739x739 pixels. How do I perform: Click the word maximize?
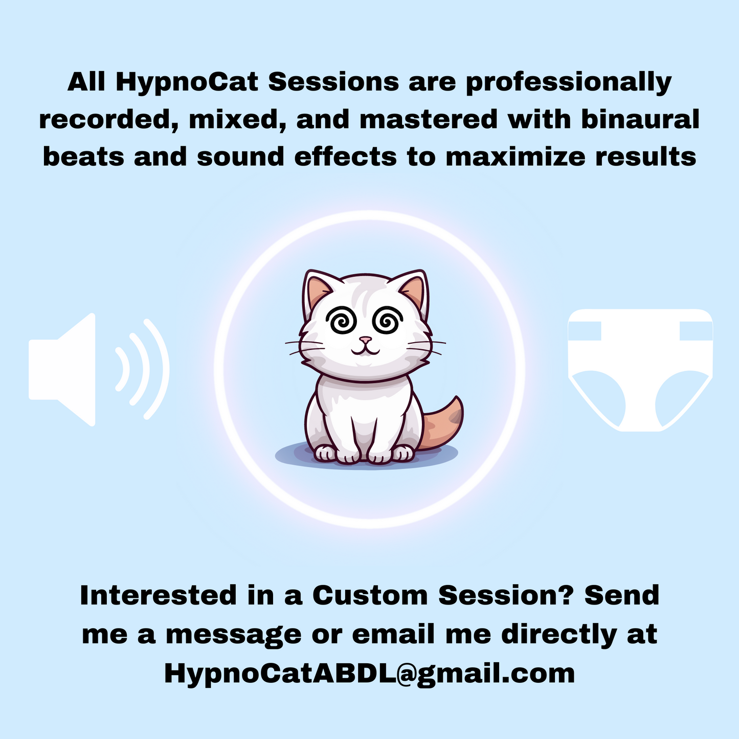pos(517,156)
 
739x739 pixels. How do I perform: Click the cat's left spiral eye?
pos(341,322)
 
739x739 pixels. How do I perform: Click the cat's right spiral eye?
pos(387,322)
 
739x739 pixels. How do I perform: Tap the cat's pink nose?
pos(365,340)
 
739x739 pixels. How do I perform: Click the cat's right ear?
pos(413,292)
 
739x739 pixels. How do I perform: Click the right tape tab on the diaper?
pos(696,331)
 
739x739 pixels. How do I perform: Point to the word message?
pos(233,635)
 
